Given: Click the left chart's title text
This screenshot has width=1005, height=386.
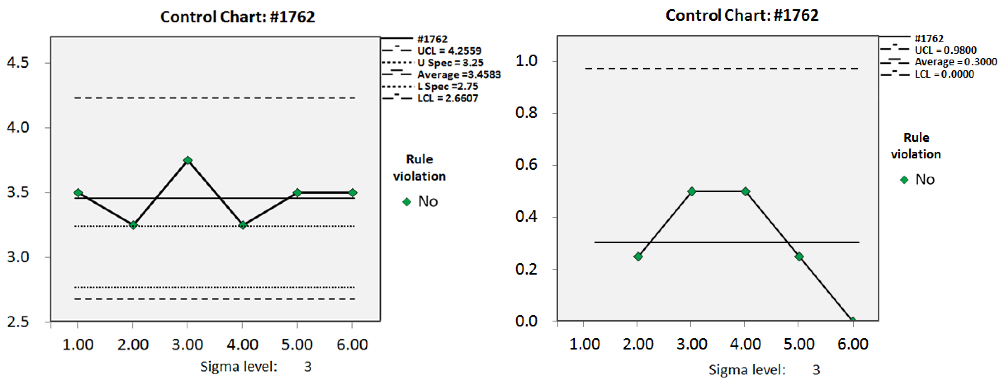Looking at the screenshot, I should click(237, 17).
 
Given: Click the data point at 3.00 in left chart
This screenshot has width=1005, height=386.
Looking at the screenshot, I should click(188, 160).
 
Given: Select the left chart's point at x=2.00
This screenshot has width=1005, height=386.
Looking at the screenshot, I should click(133, 225).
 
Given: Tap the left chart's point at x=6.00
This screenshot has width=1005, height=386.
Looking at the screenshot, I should click(352, 193).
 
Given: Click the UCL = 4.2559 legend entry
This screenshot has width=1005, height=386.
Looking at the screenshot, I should click(449, 51).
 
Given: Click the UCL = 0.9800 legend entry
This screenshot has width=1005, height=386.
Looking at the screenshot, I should click(945, 50).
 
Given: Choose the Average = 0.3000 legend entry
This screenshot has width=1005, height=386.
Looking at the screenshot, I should click(955, 62).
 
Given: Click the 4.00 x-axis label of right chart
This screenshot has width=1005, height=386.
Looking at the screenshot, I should click(745, 344).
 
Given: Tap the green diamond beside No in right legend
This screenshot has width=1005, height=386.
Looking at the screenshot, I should click(904, 180).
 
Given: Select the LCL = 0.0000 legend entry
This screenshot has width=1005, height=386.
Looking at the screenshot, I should click(944, 74).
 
